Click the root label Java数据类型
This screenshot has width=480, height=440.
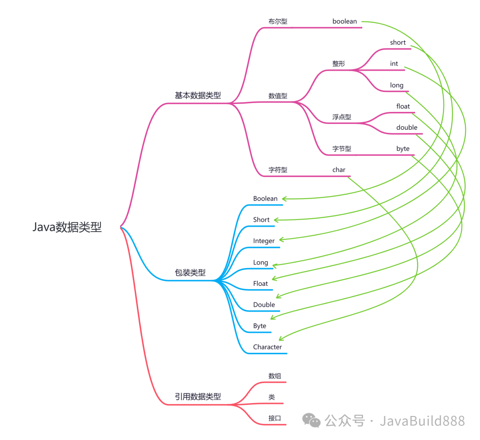pos(67,227)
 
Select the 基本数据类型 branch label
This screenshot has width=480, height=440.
pos(198,96)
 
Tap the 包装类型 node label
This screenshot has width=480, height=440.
pos(190,273)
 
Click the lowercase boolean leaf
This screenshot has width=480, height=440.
pos(344,21)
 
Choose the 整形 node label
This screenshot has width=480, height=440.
pos(338,64)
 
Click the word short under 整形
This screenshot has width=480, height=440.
pos(398,43)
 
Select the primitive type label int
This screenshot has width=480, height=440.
pos(394,64)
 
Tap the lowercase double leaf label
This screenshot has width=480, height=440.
pos(407,128)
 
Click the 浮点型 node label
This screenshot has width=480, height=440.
pos(341,117)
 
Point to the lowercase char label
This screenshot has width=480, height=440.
pos(339,170)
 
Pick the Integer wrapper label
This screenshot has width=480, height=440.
pos(264,241)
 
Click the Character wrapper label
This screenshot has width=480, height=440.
pos(268,347)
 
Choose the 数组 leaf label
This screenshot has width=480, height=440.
pos(275,376)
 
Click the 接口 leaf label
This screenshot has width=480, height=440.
pos(275,418)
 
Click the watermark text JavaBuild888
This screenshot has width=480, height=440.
pos(422,420)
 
